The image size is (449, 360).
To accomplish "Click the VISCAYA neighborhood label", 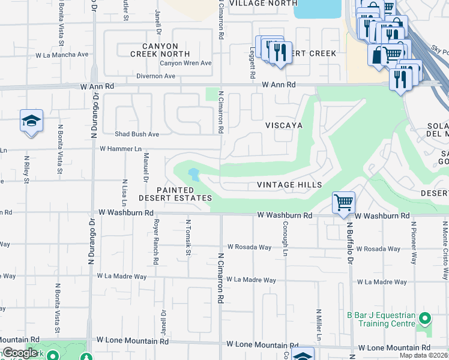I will (284, 126).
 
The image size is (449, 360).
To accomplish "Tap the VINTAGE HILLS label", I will (289, 185).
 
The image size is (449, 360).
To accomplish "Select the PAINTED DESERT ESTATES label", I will (175, 194).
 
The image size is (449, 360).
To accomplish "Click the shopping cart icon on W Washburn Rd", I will (343, 202).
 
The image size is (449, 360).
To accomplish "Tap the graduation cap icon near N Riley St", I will (31, 121).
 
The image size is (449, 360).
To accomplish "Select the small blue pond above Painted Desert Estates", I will (194, 175).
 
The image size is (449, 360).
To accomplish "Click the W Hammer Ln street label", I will (120, 148).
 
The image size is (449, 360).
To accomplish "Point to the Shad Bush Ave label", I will (137, 134).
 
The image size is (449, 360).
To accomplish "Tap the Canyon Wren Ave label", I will (185, 63).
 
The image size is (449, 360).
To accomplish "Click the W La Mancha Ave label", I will (62, 54).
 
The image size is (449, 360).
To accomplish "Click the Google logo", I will (20, 353).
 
